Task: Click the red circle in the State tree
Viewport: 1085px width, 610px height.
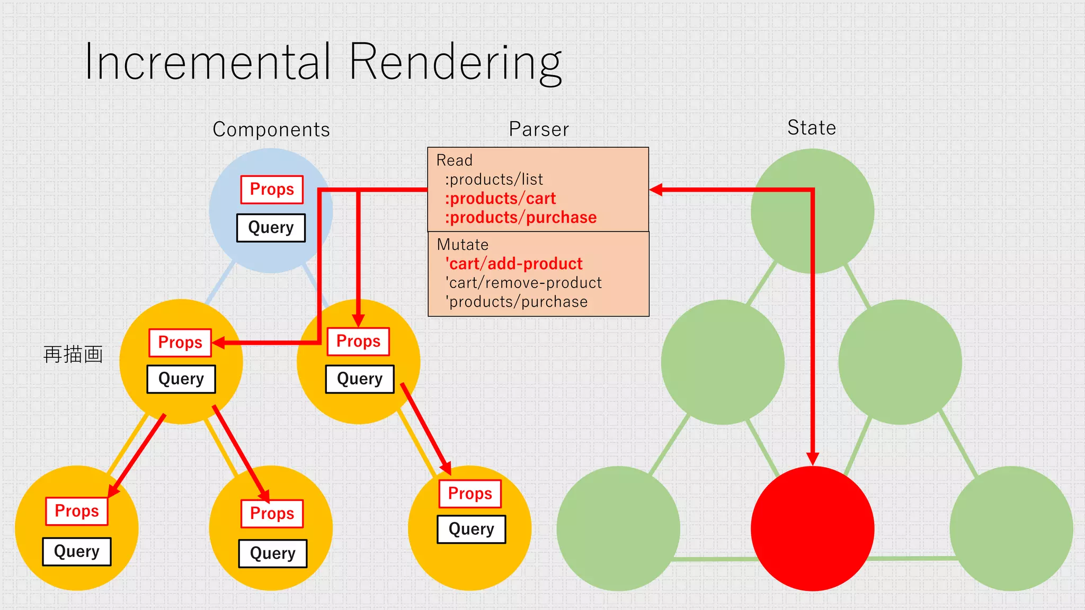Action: click(x=812, y=528)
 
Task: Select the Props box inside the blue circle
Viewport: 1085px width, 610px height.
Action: click(x=272, y=190)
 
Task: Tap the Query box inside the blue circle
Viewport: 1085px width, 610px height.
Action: click(x=271, y=228)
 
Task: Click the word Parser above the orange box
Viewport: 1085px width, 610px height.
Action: click(x=539, y=129)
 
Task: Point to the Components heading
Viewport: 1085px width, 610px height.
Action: click(x=271, y=130)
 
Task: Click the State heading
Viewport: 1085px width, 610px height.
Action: click(x=811, y=128)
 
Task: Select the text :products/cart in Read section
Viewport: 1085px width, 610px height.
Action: click(x=500, y=199)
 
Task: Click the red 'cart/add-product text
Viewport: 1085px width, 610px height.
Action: click(x=514, y=264)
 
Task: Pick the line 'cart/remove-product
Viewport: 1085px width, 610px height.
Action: click(x=523, y=283)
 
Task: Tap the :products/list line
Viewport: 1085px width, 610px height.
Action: click(x=494, y=180)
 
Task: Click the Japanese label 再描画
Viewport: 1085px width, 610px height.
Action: click(x=73, y=354)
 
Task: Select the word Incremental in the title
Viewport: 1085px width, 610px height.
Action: click(x=208, y=62)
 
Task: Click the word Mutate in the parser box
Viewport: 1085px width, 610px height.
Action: click(x=463, y=245)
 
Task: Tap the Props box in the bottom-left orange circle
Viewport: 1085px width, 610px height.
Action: click(x=77, y=511)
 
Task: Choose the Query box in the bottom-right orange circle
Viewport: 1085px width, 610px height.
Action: click(x=472, y=529)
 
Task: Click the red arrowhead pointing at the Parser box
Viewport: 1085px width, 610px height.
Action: click(x=656, y=190)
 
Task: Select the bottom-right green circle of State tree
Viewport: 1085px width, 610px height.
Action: click(x=1011, y=528)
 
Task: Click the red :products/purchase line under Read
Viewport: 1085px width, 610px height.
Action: click(x=521, y=218)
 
